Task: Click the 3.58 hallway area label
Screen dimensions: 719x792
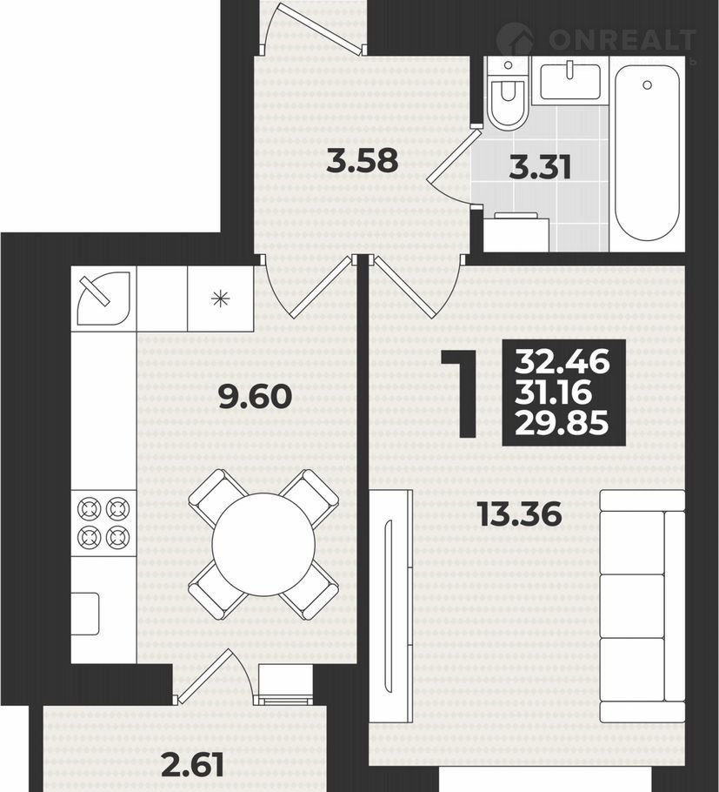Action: [363, 162]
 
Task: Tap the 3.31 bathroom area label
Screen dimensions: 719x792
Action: [540, 168]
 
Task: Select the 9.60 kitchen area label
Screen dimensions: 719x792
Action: [256, 397]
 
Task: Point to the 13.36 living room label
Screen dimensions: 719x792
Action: [520, 514]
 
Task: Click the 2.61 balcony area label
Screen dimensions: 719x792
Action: [193, 765]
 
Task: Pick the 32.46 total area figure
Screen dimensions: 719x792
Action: [563, 362]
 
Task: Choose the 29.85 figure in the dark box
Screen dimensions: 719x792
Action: [562, 423]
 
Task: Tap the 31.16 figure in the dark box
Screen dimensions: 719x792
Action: [553, 393]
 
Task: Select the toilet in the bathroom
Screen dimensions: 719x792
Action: [508, 92]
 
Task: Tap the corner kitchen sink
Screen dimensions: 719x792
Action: [103, 299]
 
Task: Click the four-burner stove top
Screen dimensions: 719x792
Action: [103, 523]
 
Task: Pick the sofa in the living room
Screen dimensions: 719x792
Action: [642, 606]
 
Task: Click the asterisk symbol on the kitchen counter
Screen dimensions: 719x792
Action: [220, 299]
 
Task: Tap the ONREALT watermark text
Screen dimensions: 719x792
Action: [622, 39]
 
